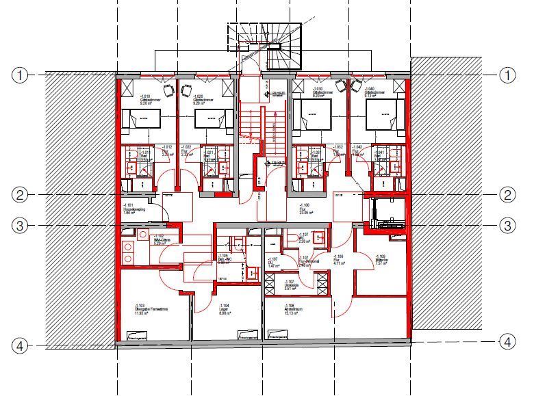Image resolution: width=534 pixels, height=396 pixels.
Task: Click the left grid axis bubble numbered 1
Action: tap(21, 75)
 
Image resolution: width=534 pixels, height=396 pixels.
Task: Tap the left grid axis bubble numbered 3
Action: tap(21, 225)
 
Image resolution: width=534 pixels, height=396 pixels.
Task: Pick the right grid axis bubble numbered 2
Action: tap(507, 196)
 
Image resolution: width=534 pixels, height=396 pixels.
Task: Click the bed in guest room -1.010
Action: tap(141, 120)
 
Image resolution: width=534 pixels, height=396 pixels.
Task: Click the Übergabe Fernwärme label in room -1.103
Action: tap(151, 308)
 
